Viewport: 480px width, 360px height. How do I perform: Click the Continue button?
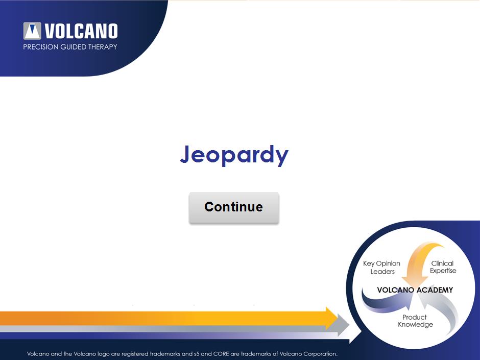pos(234,207)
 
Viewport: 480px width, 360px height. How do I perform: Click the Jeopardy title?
pos(234,155)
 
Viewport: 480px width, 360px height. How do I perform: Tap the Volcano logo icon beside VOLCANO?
pos(32,31)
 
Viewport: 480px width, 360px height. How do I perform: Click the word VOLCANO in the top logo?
pos(81,31)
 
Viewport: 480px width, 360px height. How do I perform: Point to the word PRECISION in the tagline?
pos(41,47)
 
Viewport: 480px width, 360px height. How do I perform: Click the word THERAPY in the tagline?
pos(103,47)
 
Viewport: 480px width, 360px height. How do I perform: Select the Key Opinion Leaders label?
pos(382,267)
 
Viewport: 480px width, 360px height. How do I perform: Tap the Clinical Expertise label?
pos(443,267)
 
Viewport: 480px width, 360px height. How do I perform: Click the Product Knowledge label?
pos(415,321)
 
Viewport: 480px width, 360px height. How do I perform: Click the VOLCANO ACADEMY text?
pos(415,290)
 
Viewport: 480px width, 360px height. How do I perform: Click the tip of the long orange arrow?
pos(338,318)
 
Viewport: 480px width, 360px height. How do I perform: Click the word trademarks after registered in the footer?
pos(165,354)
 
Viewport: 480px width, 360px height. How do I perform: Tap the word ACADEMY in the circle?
pos(434,290)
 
